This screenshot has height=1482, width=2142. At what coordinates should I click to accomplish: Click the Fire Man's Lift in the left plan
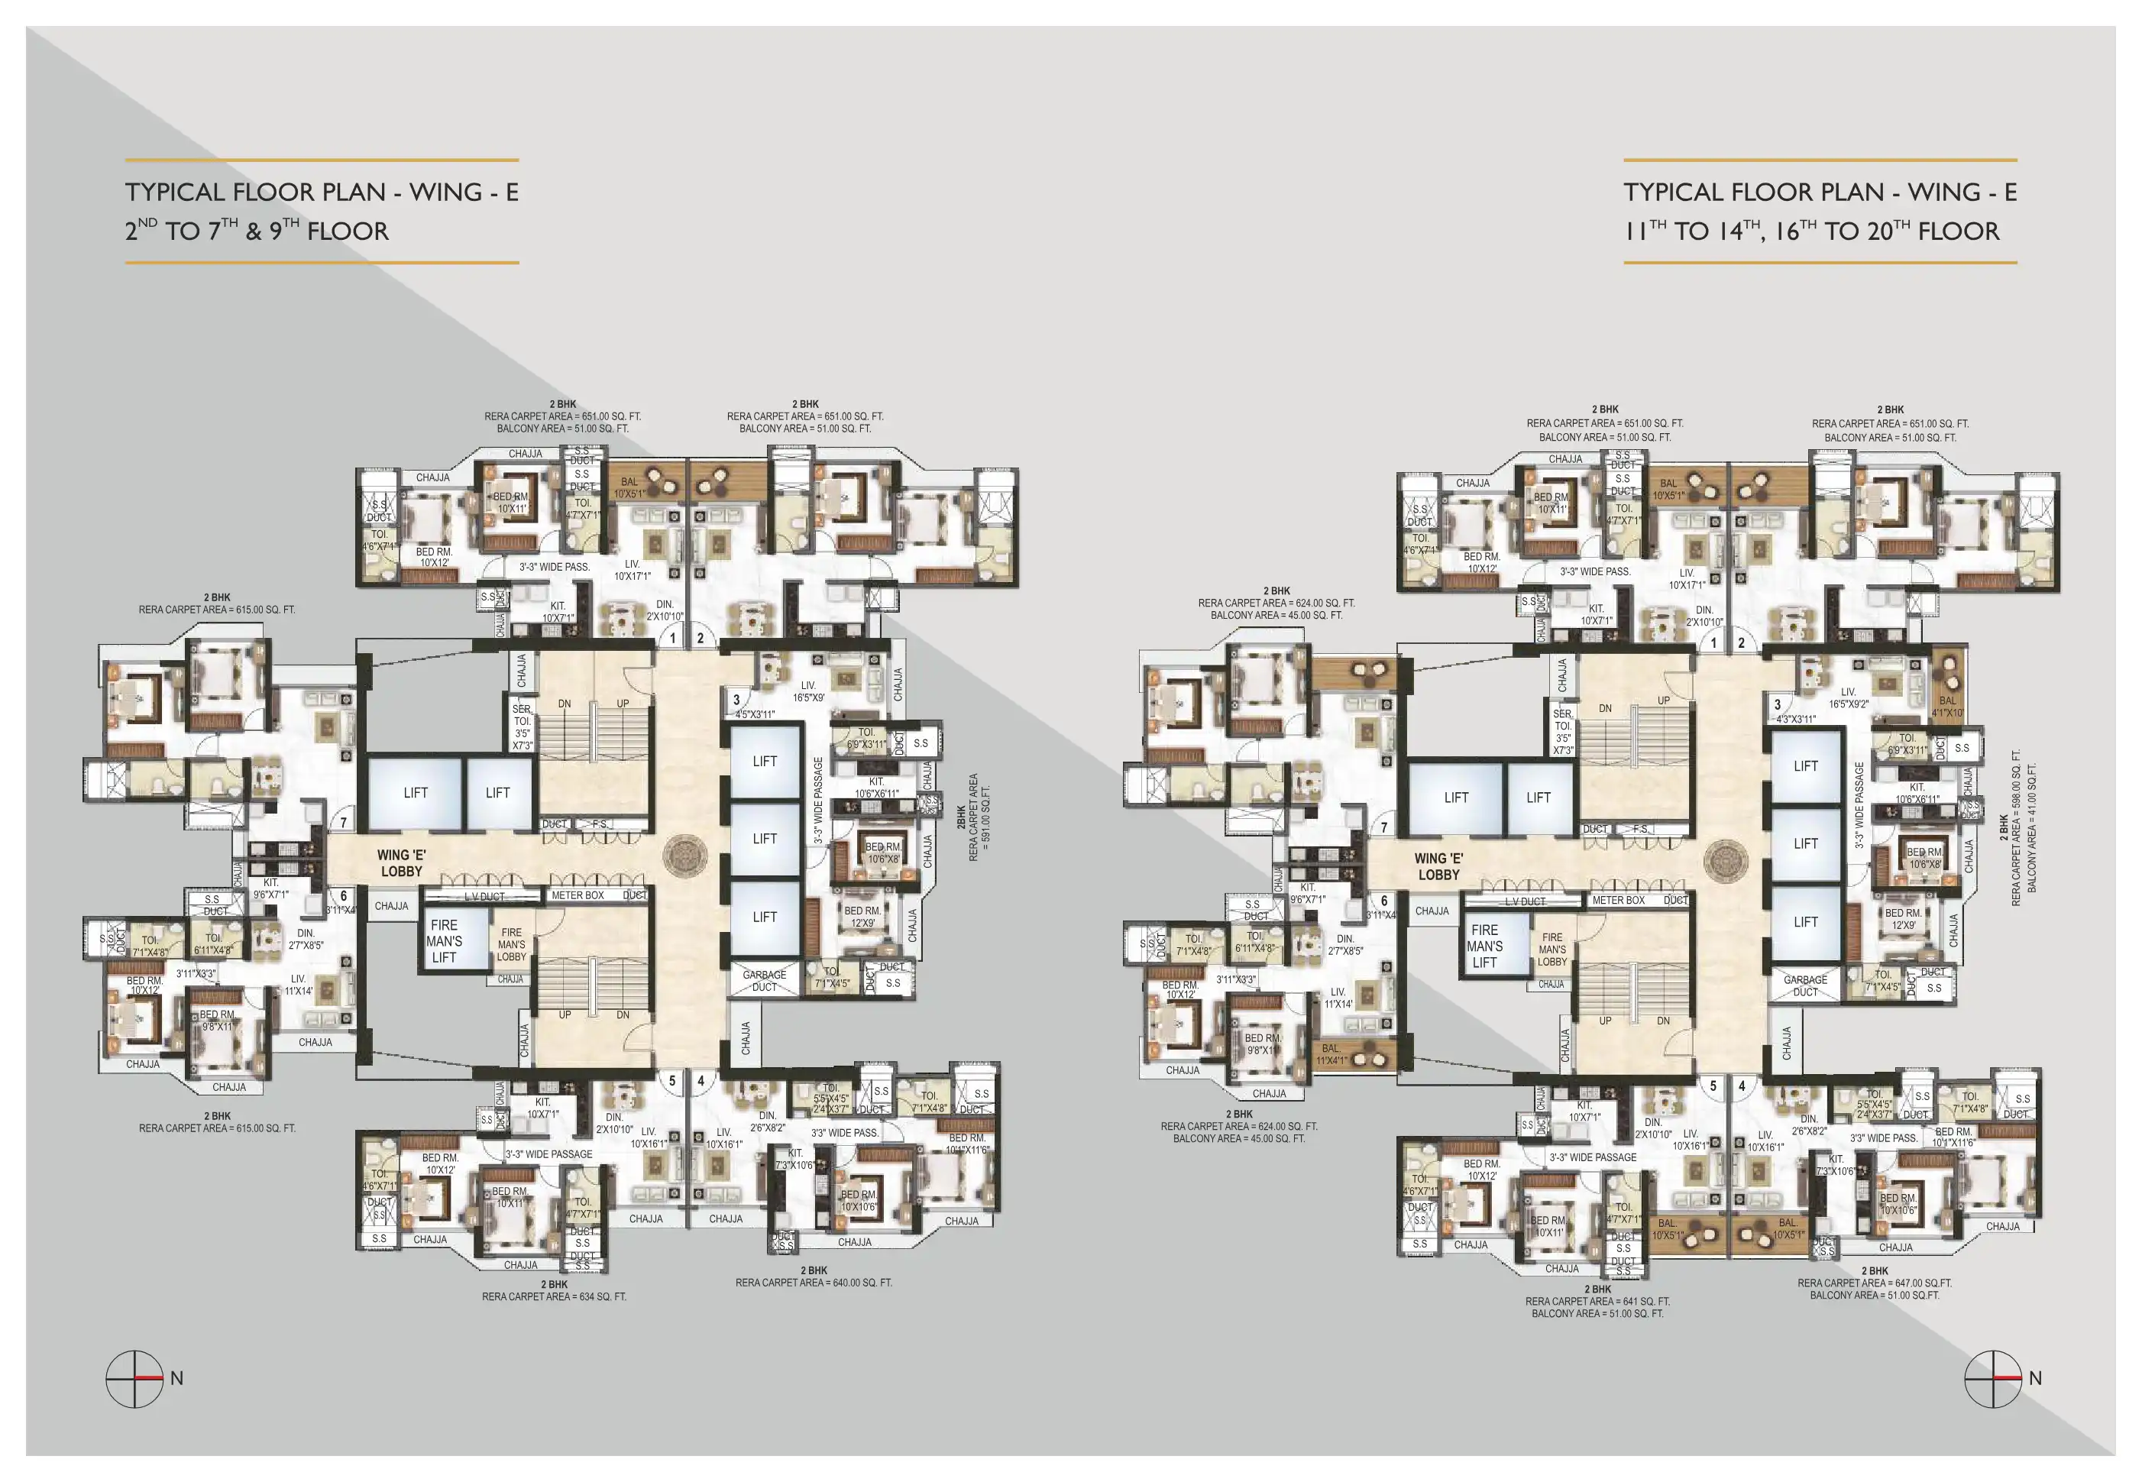(x=445, y=940)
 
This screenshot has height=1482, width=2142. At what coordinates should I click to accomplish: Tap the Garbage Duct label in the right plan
(x=1805, y=986)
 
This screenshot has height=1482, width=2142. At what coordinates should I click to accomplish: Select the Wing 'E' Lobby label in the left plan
(x=401, y=862)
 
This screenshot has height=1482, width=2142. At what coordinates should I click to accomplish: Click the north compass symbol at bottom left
(x=135, y=1379)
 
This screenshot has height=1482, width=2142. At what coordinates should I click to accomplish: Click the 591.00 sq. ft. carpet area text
(x=979, y=817)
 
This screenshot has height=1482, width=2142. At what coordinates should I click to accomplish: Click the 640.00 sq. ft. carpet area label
(x=814, y=1283)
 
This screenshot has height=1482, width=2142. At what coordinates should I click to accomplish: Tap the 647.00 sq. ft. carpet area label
(x=1874, y=1283)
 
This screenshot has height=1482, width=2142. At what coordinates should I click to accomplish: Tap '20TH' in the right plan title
(x=1887, y=230)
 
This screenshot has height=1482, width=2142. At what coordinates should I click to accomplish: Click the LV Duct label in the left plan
(x=484, y=897)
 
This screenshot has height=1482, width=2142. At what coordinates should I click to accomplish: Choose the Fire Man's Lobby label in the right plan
(x=1551, y=950)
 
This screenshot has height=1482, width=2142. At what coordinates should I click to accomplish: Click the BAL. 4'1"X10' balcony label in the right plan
(x=1947, y=707)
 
